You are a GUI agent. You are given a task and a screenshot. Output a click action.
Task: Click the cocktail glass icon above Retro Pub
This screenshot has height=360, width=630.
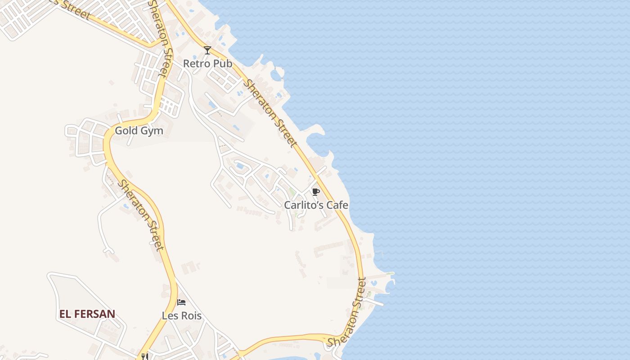pos(207,50)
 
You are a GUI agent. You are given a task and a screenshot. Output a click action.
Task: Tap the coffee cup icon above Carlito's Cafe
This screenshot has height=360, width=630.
pos(316,192)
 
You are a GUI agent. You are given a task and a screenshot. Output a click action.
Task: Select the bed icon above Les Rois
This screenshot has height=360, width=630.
pos(181,302)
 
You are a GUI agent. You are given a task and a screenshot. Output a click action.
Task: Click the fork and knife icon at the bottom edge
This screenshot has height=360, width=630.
pos(144,356)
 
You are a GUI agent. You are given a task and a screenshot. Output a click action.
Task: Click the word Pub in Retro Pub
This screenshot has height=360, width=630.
pos(223,63)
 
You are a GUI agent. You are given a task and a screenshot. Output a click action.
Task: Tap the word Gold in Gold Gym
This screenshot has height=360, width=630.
pos(126,131)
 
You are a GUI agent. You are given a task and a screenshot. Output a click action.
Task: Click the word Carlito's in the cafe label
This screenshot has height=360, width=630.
pos(304,205)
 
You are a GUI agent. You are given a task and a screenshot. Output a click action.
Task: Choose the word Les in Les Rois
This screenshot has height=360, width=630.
pos(170,316)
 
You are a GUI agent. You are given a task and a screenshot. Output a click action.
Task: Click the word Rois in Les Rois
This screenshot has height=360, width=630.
pos(191,316)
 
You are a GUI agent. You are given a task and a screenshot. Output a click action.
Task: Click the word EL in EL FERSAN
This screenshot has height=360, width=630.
pos(65,314)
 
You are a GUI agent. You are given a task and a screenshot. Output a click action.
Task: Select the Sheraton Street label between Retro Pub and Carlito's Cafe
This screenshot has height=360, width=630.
pos(270,113)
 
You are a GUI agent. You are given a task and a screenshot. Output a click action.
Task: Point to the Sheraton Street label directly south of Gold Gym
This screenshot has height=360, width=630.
pos(140,214)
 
